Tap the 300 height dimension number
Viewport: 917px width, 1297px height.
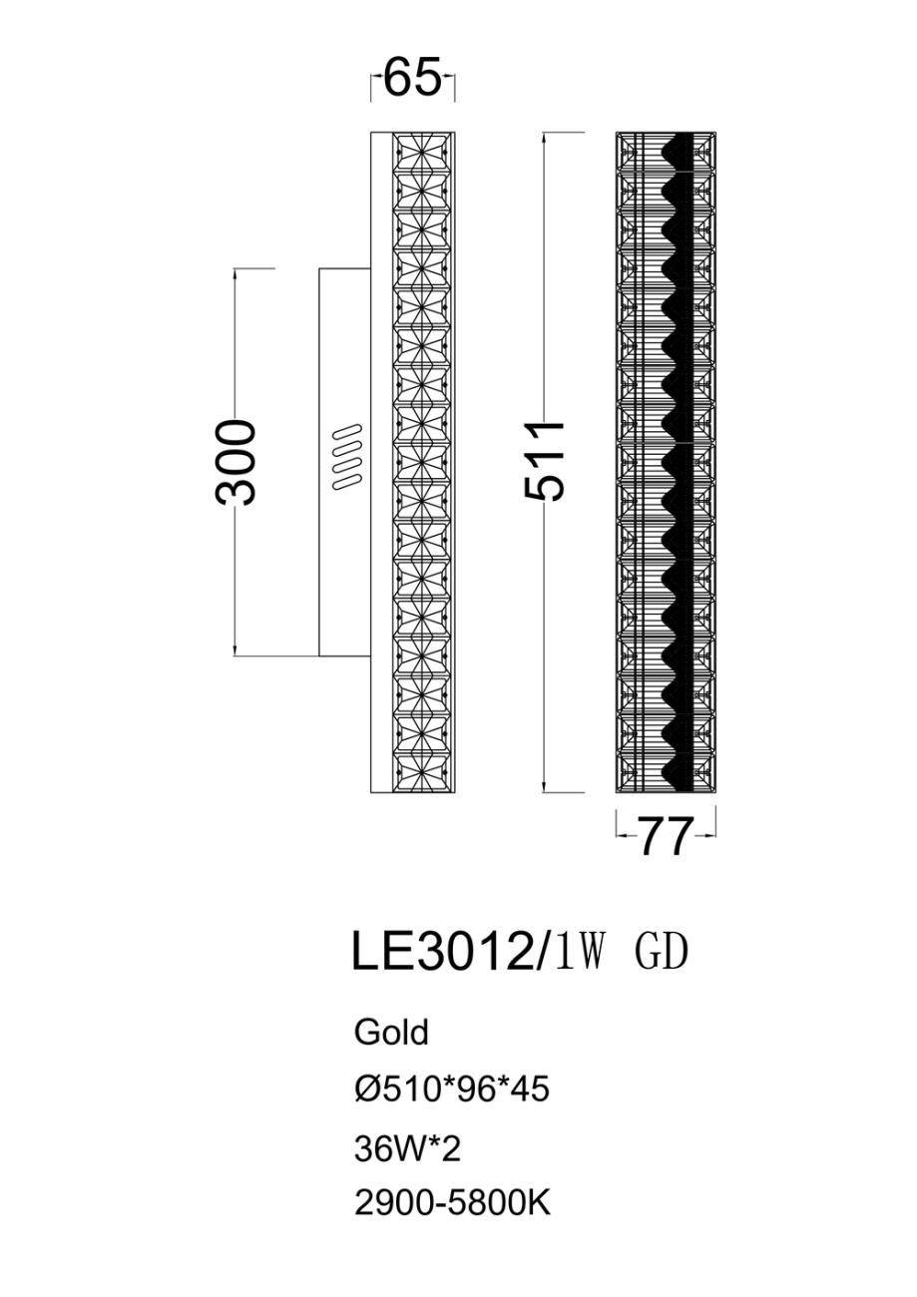coord(237,462)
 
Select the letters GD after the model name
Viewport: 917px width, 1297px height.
coord(661,953)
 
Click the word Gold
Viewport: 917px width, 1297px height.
coord(391,1033)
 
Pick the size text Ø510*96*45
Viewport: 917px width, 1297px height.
coord(452,1089)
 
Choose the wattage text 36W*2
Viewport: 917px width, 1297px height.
coord(407,1149)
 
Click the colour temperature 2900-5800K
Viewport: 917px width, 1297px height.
coord(452,1205)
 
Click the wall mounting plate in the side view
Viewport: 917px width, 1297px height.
coord(344,559)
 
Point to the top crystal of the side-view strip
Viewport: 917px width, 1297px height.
coord(422,153)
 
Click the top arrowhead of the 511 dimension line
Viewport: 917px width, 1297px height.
coord(545,136)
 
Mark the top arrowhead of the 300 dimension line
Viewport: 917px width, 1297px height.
coord(236,272)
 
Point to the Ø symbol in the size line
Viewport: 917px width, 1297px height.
coord(364,1089)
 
